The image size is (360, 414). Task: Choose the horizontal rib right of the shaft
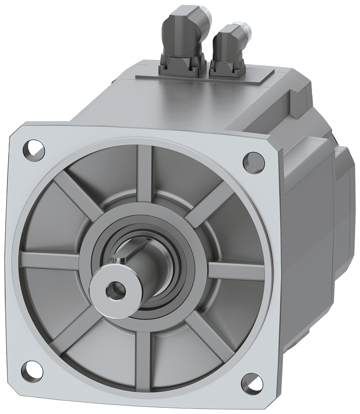point(236,271)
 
